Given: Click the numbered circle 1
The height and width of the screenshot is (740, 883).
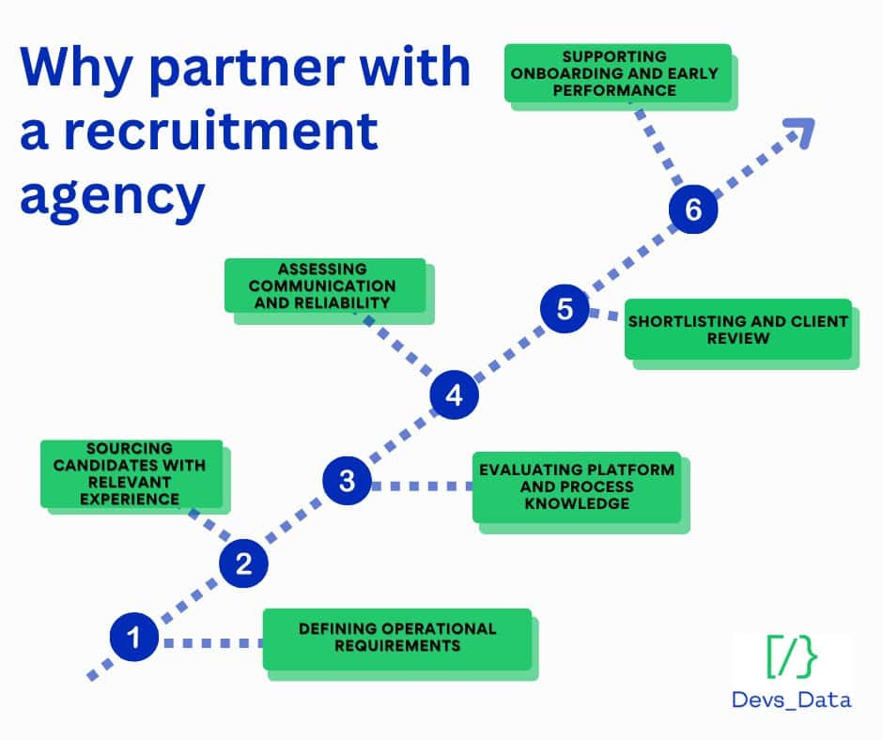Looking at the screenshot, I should tap(133, 639).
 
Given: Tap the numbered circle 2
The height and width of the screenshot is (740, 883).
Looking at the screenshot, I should tap(243, 563).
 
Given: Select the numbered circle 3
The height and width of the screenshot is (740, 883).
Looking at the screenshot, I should tap(348, 482).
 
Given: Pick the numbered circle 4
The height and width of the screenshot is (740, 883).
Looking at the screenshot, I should tap(455, 395).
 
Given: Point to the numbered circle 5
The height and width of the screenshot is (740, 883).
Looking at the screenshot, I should tap(565, 309).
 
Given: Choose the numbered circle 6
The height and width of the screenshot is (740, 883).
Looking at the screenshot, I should tap(693, 209).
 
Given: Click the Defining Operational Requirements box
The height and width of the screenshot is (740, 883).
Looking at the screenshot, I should tap(397, 638).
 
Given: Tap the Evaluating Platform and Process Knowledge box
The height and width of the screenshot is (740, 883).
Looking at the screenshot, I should tap(577, 486).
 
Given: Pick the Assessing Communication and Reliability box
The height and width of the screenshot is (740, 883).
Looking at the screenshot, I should tap(324, 285).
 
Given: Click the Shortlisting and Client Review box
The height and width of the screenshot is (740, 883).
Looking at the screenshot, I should tap(737, 329).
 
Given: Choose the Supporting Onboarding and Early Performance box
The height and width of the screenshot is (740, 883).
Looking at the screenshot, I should tap(616, 72).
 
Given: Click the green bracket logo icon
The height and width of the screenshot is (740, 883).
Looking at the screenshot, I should tap(792, 656).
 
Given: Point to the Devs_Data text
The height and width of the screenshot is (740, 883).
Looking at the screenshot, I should tap(792, 700).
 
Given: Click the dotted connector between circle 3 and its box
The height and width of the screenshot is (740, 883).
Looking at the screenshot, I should tap(422, 486).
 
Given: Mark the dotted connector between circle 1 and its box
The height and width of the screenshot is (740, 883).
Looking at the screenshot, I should tap(210, 643).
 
